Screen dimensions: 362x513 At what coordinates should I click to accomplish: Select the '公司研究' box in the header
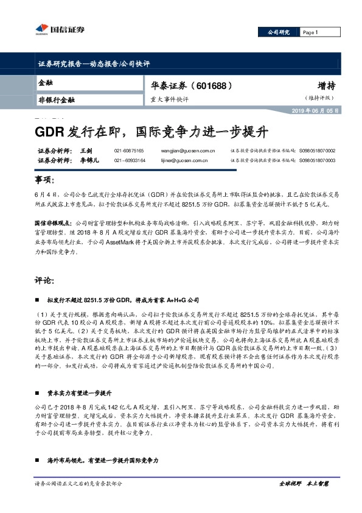[279, 32]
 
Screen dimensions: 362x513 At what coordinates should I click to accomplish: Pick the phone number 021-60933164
[129, 160]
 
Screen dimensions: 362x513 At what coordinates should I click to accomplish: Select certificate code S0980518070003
[317, 160]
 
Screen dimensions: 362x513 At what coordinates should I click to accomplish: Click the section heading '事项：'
[43, 182]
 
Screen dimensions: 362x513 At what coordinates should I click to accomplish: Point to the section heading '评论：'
[43, 282]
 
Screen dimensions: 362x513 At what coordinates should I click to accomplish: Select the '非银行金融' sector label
[56, 99]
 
